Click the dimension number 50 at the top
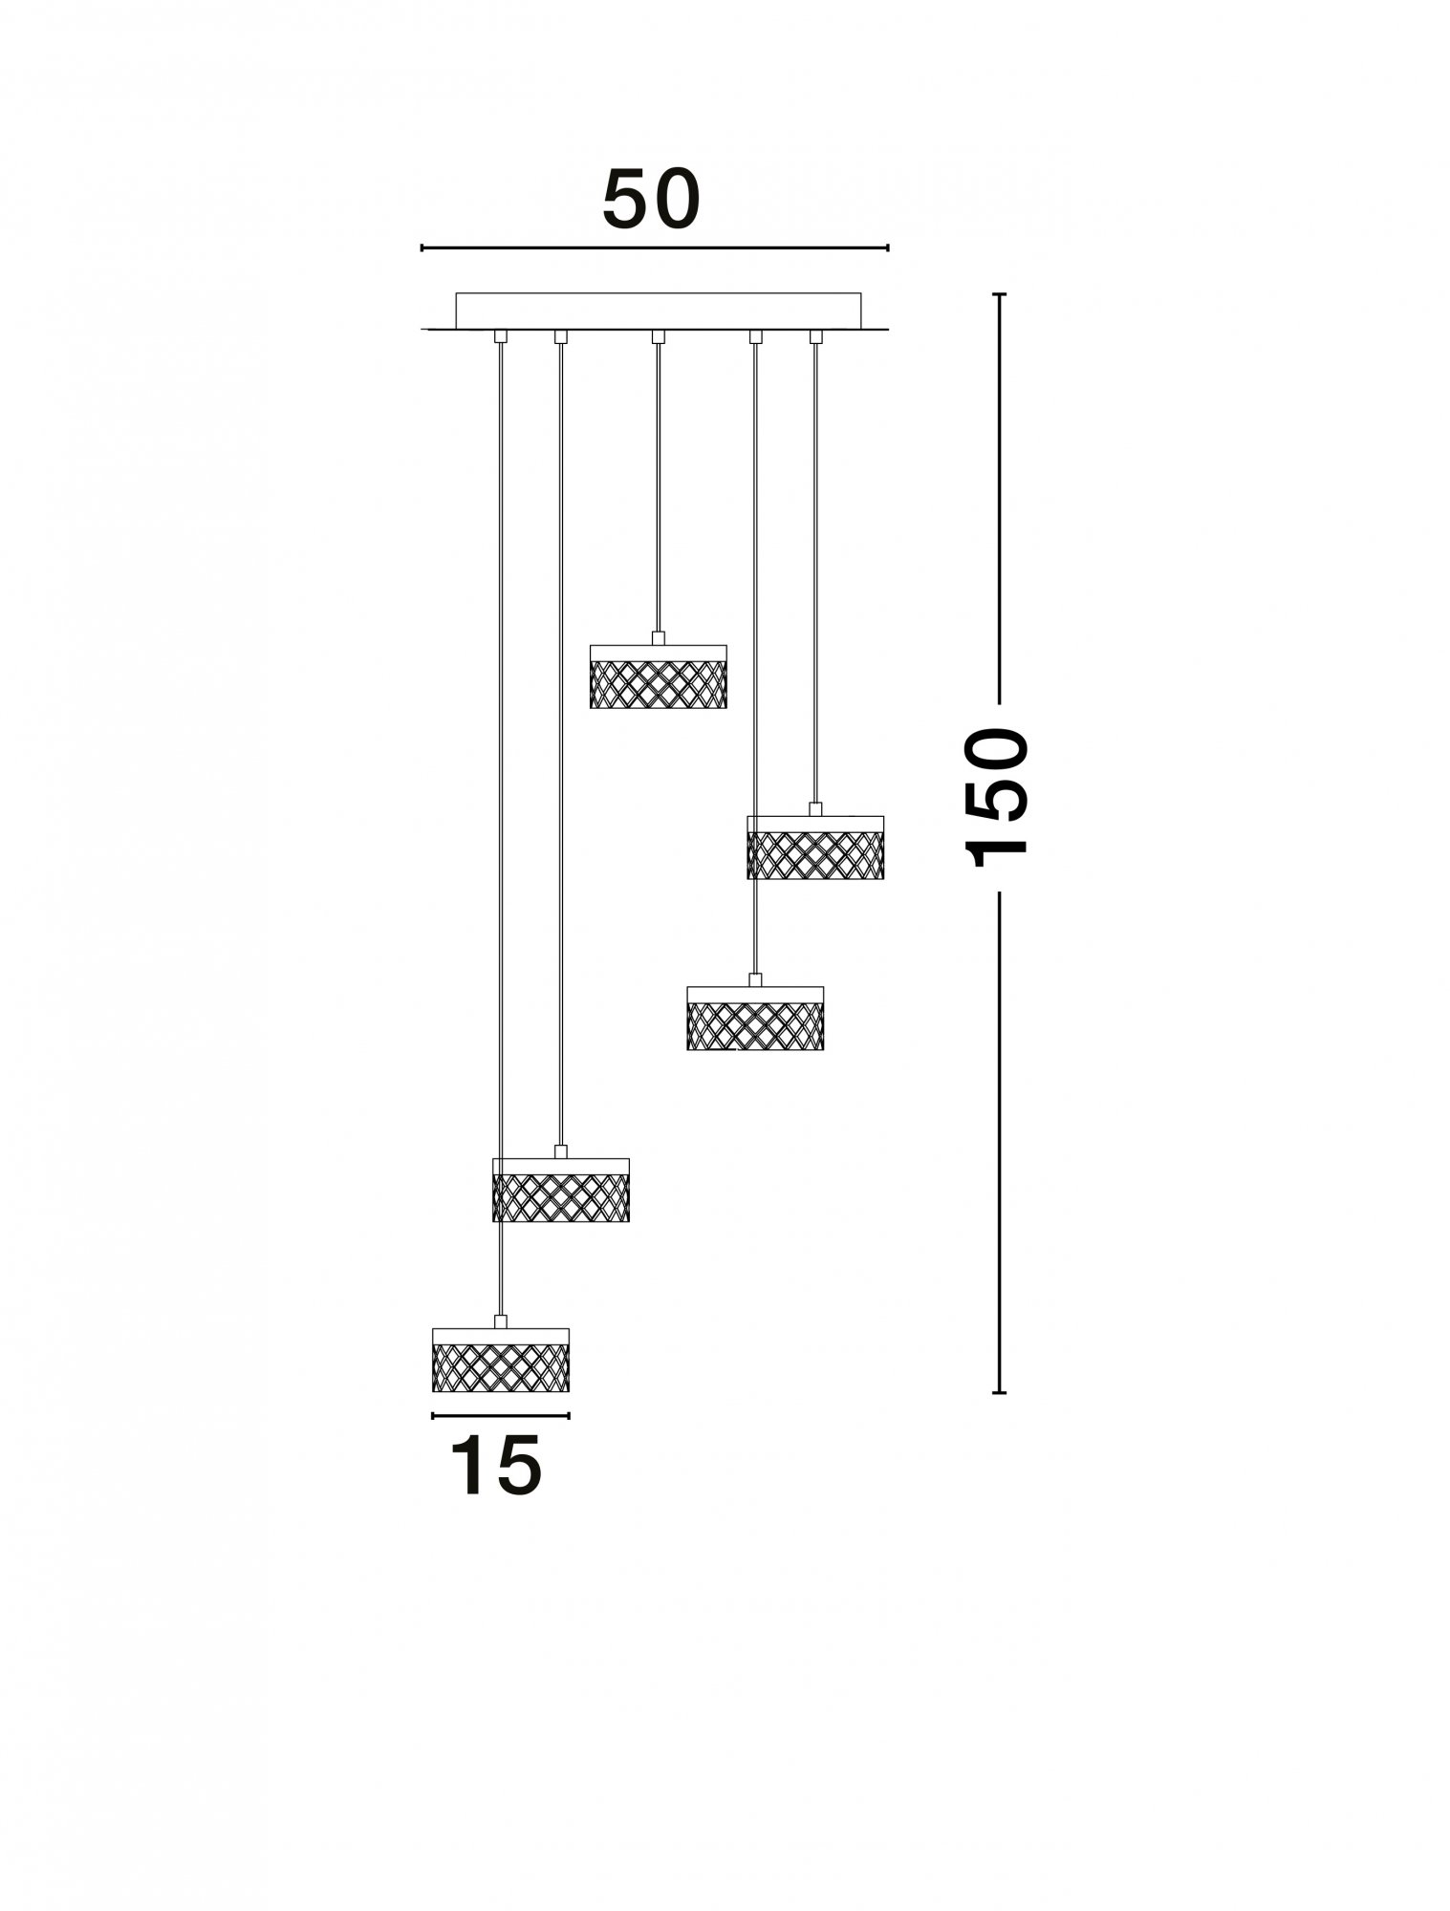(x=652, y=200)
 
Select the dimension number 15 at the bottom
(x=495, y=1467)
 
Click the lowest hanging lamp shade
(x=501, y=1360)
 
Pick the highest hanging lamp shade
(x=659, y=676)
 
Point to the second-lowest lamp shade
(x=561, y=1190)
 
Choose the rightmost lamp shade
(x=815, y=848)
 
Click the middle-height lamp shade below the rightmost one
(x=755, y=1019)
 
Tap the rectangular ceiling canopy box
(x=659, y=311)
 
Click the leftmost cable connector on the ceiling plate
(x=500, y=336)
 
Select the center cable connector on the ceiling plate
(x=658, y=336)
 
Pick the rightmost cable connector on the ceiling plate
(x=815, y=336)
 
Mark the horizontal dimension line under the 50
(x=655, y=248)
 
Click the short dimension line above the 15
(x=501, y=1415)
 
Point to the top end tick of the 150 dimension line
(x=999, y=294)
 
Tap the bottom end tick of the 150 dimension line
(x=999, y=1392)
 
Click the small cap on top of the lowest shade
(x=500, y=1321)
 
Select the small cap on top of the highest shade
(x=658, y=638)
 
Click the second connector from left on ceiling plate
(x=561, y=336)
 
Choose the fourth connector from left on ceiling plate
(x=755, y=336)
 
